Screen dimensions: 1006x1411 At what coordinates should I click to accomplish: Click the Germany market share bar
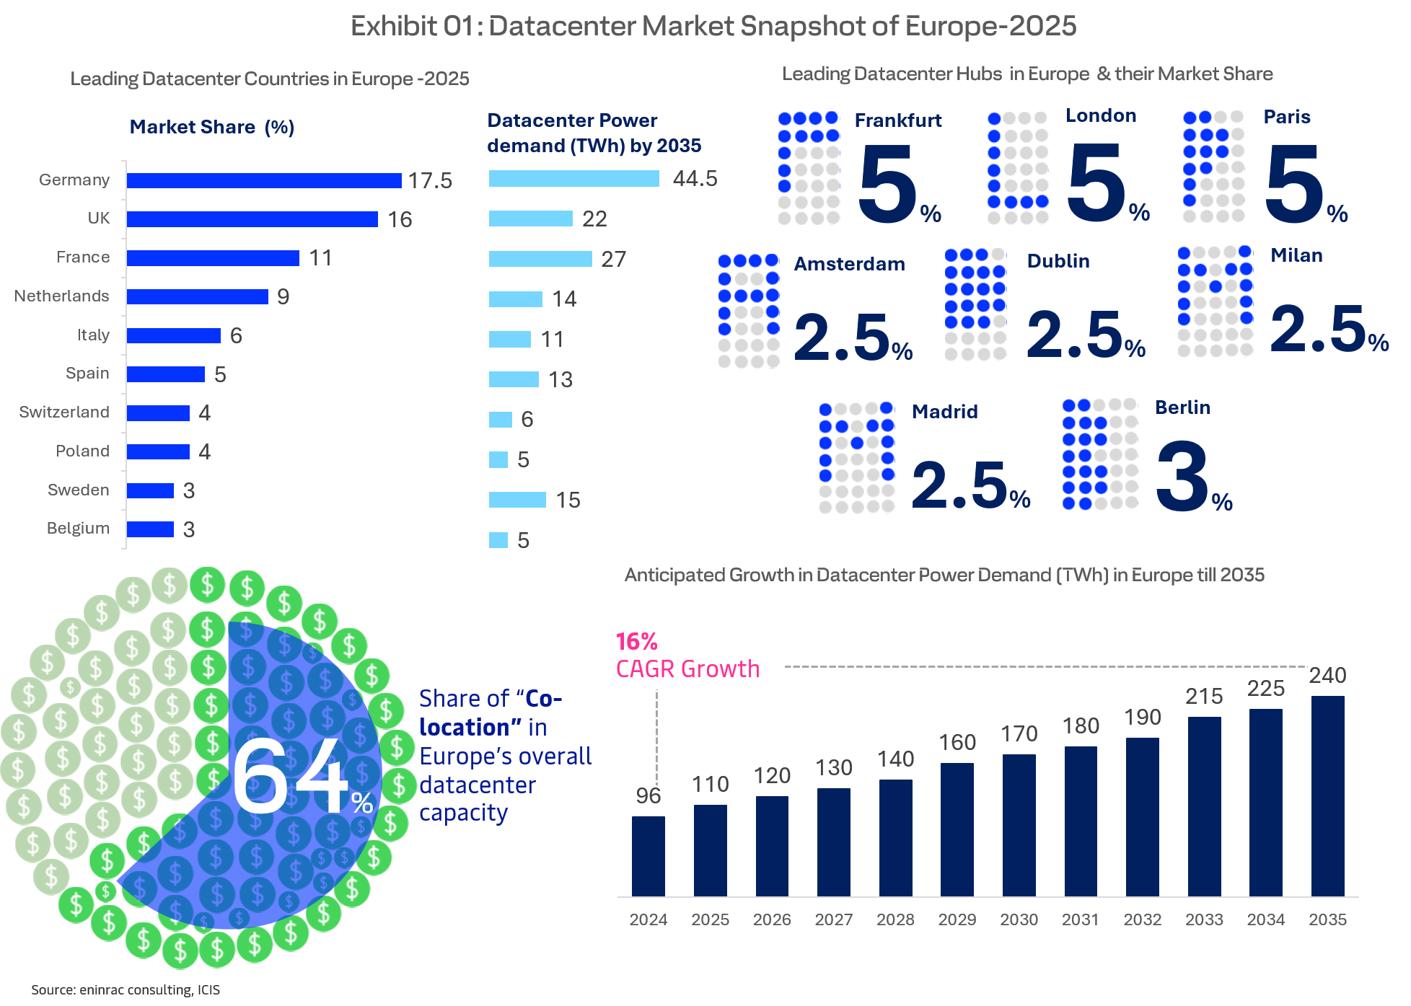click(x=264, y=180)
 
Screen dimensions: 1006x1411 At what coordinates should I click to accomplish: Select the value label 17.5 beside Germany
click(x=430, y=180)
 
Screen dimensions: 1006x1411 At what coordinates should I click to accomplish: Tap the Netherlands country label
click(x=62, y=296)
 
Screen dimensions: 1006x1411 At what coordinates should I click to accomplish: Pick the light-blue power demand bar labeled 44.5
click(x=574, y=179)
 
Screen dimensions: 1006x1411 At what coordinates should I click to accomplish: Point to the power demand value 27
click(x=613, y=259)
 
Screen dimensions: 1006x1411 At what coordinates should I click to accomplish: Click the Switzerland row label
click(x=64, y=412)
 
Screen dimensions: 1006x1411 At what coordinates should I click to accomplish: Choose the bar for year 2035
click(x=1327, y=796)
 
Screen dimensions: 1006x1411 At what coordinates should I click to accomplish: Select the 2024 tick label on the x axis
click(x=648, y=919)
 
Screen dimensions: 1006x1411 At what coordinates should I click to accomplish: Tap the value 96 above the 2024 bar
click(x=648, y=795)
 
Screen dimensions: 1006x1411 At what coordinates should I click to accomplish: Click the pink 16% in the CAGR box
click(x=636, y=641)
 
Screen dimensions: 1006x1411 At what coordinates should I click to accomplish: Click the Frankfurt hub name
click(x=898, y=120)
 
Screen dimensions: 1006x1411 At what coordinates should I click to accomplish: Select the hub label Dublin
click(x=1058, y=261)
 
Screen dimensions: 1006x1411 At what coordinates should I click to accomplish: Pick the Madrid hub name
click(x=945, y=412)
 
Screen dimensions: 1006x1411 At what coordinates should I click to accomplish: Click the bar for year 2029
click(x=957, y=829)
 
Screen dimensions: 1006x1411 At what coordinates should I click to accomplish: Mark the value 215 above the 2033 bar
click(x=1204, y=696)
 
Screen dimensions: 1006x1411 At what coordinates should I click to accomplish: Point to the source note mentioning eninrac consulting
click(x=126, y=989)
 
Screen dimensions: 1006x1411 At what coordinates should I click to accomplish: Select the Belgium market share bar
click(x=150, y=529)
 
